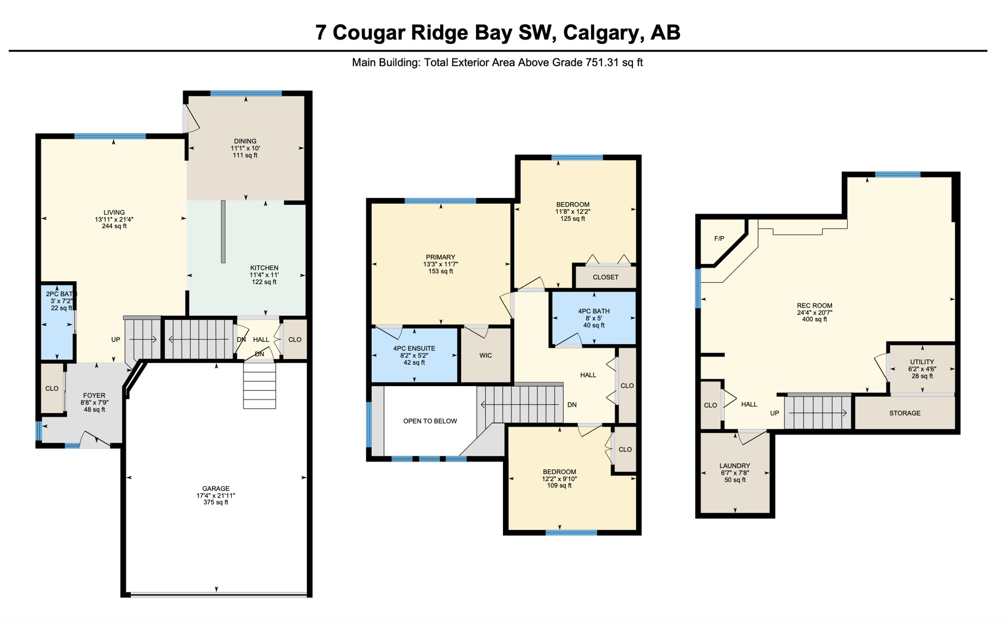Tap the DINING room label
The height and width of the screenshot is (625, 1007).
point(245,141)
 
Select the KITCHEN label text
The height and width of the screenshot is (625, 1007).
point(264,268)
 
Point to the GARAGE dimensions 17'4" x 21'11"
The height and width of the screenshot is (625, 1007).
point(216,496)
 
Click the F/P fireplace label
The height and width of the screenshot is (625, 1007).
point(719,238)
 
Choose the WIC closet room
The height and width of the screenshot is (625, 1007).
point(485,355)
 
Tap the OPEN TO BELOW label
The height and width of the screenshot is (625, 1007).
point(430,421)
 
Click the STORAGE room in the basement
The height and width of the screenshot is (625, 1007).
point(905,413)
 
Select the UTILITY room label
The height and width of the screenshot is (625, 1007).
point(922,362)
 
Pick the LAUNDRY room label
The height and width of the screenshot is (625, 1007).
point(735,466)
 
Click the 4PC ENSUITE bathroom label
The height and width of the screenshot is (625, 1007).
point(414,348)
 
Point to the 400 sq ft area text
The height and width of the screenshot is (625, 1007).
point(814,319)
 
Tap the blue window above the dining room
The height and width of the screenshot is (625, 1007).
point(246,93)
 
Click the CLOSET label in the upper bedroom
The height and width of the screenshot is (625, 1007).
point(605,277)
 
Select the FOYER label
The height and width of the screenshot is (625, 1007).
point(94,395)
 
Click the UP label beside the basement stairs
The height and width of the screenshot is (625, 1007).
point(774,413)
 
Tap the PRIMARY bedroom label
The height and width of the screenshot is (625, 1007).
point(441,257)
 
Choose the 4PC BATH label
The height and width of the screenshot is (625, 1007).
point(594,311)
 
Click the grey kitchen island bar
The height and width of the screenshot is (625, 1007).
point(223,232)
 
